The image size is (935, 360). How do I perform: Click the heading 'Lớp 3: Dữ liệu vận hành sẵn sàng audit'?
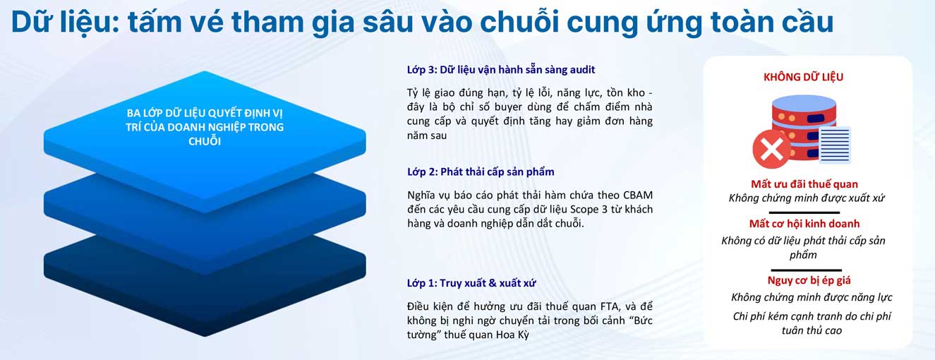pyautogui.click(x=501, y=70)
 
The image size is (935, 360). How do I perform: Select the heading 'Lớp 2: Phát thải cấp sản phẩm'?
pyautogui.click(x=481, y=172)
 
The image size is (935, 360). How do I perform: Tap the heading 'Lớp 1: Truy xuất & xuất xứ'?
pyautogui.click(x=471, y=283)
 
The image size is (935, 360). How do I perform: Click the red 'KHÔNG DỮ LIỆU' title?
pyautogui.click(x=803, y=77)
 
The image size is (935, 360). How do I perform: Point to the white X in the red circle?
pyautogui.click(x=772, y=149)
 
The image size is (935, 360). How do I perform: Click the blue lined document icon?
pyautogui.click(x=834, y=145)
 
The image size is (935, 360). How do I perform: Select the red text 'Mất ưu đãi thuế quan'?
pyautogui.click(x=804, y=184)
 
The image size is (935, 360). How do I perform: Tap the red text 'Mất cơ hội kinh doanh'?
pyautogui.click(x=804, y=224)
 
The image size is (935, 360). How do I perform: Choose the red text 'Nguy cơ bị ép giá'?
pyautogui.click(x=809, y=280)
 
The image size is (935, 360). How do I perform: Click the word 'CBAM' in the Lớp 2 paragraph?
pyautogui.click(x=638, y=195)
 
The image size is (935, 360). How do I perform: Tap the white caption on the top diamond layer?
pyautogui.click(x=205, y=127)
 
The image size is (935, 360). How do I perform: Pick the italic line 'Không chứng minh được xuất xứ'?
pyautogui.click(x=807, y=198)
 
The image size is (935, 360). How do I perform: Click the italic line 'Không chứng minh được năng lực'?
pyautogui.click(x=812, y=297)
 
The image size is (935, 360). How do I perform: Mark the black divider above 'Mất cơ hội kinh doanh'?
pyautogui.click(x=804, y=212)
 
